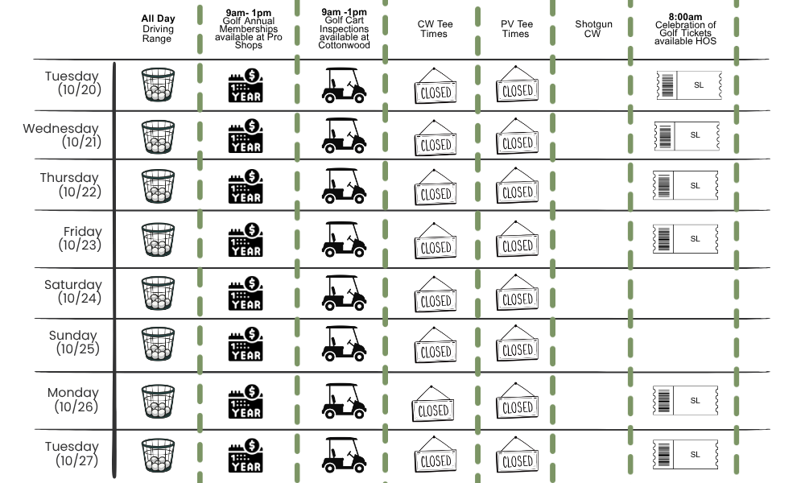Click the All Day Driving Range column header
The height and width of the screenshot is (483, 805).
click(158, 29)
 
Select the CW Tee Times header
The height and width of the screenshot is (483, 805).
click(435, 29)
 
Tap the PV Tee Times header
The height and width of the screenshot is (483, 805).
click(517, 29)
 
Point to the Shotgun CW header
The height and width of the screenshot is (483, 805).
click(593, 29)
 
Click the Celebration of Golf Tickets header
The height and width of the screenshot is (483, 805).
click(685, 29)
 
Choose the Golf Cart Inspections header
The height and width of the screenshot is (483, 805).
click(344, 29)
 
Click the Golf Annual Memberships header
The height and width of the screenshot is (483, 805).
click(249, 29)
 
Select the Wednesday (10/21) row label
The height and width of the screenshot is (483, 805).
click(61, 135)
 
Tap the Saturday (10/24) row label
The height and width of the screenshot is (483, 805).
click(73, 291)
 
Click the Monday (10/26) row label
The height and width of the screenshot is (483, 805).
click(73, 399)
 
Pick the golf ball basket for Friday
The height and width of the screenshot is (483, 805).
click(158, 240)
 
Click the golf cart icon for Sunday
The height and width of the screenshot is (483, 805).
click(344, 344)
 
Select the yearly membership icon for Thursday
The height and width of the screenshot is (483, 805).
click(246, 186)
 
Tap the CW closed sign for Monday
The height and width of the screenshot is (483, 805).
click(433, 403)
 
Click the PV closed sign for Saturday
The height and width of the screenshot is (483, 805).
click(517, 292)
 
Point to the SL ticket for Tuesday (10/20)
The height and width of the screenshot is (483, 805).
click(689, 85)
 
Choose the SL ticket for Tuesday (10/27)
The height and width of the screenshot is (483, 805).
click(685, 454)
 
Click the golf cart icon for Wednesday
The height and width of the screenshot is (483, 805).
click(344, 135)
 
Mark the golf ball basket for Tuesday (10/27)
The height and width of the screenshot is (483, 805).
click(158, 456)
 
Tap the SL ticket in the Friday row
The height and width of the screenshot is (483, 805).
click(685, 238)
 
